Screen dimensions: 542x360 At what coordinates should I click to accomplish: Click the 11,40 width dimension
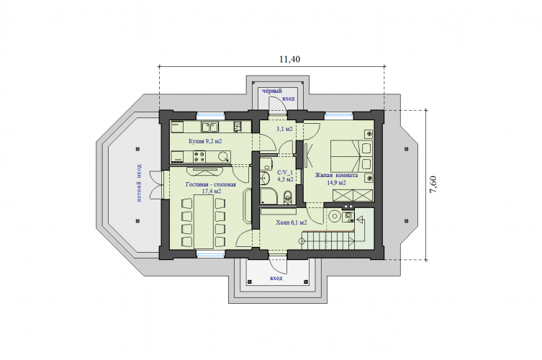pyautogui.click(x=289, y=59)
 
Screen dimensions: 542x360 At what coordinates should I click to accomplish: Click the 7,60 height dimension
pyautogui.click(x=433, y=185)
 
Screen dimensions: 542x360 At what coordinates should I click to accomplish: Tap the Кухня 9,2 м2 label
pyautogui.click(x=205, y=141)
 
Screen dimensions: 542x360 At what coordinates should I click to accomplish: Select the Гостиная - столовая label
pyautogui.click(x=210, y=184)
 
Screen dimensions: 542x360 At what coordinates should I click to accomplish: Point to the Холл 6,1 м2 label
pyautogui.click(x=292, y=223)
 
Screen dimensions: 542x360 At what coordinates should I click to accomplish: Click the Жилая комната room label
pyautogui.click(x=336, y=176)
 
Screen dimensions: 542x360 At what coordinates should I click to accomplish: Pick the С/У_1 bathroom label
pyautogui.click(x=285, y=172)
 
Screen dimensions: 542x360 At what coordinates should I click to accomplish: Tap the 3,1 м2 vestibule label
pyautogui.click(x=284, y=129)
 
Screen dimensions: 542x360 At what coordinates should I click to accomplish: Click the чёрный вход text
pyautogui.click(x=279, y=94)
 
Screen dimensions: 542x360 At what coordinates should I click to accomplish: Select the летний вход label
pyautogui.click(x=139, y=183)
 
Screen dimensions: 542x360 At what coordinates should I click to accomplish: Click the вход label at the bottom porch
pyautogui.click(x=276, y=278)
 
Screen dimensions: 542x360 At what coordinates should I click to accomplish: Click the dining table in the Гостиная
pyautogui.click(x=203, y=221)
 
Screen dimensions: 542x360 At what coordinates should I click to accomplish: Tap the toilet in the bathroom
pyautogui.click(x=287, y=198)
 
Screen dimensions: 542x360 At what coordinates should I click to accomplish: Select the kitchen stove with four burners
pyautogui.click(x=199, y=157)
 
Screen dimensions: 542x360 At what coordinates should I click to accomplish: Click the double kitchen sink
pyautogui.click(x=209, y=127)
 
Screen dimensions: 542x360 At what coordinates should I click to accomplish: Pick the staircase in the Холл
pyautogui.click(x=328, y=240)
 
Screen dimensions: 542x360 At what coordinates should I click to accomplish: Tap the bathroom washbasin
pyautogui.click(x=266, y=177)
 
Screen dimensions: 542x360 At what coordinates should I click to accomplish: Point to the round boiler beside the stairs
pyautogui.click(x=334, y=217)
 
